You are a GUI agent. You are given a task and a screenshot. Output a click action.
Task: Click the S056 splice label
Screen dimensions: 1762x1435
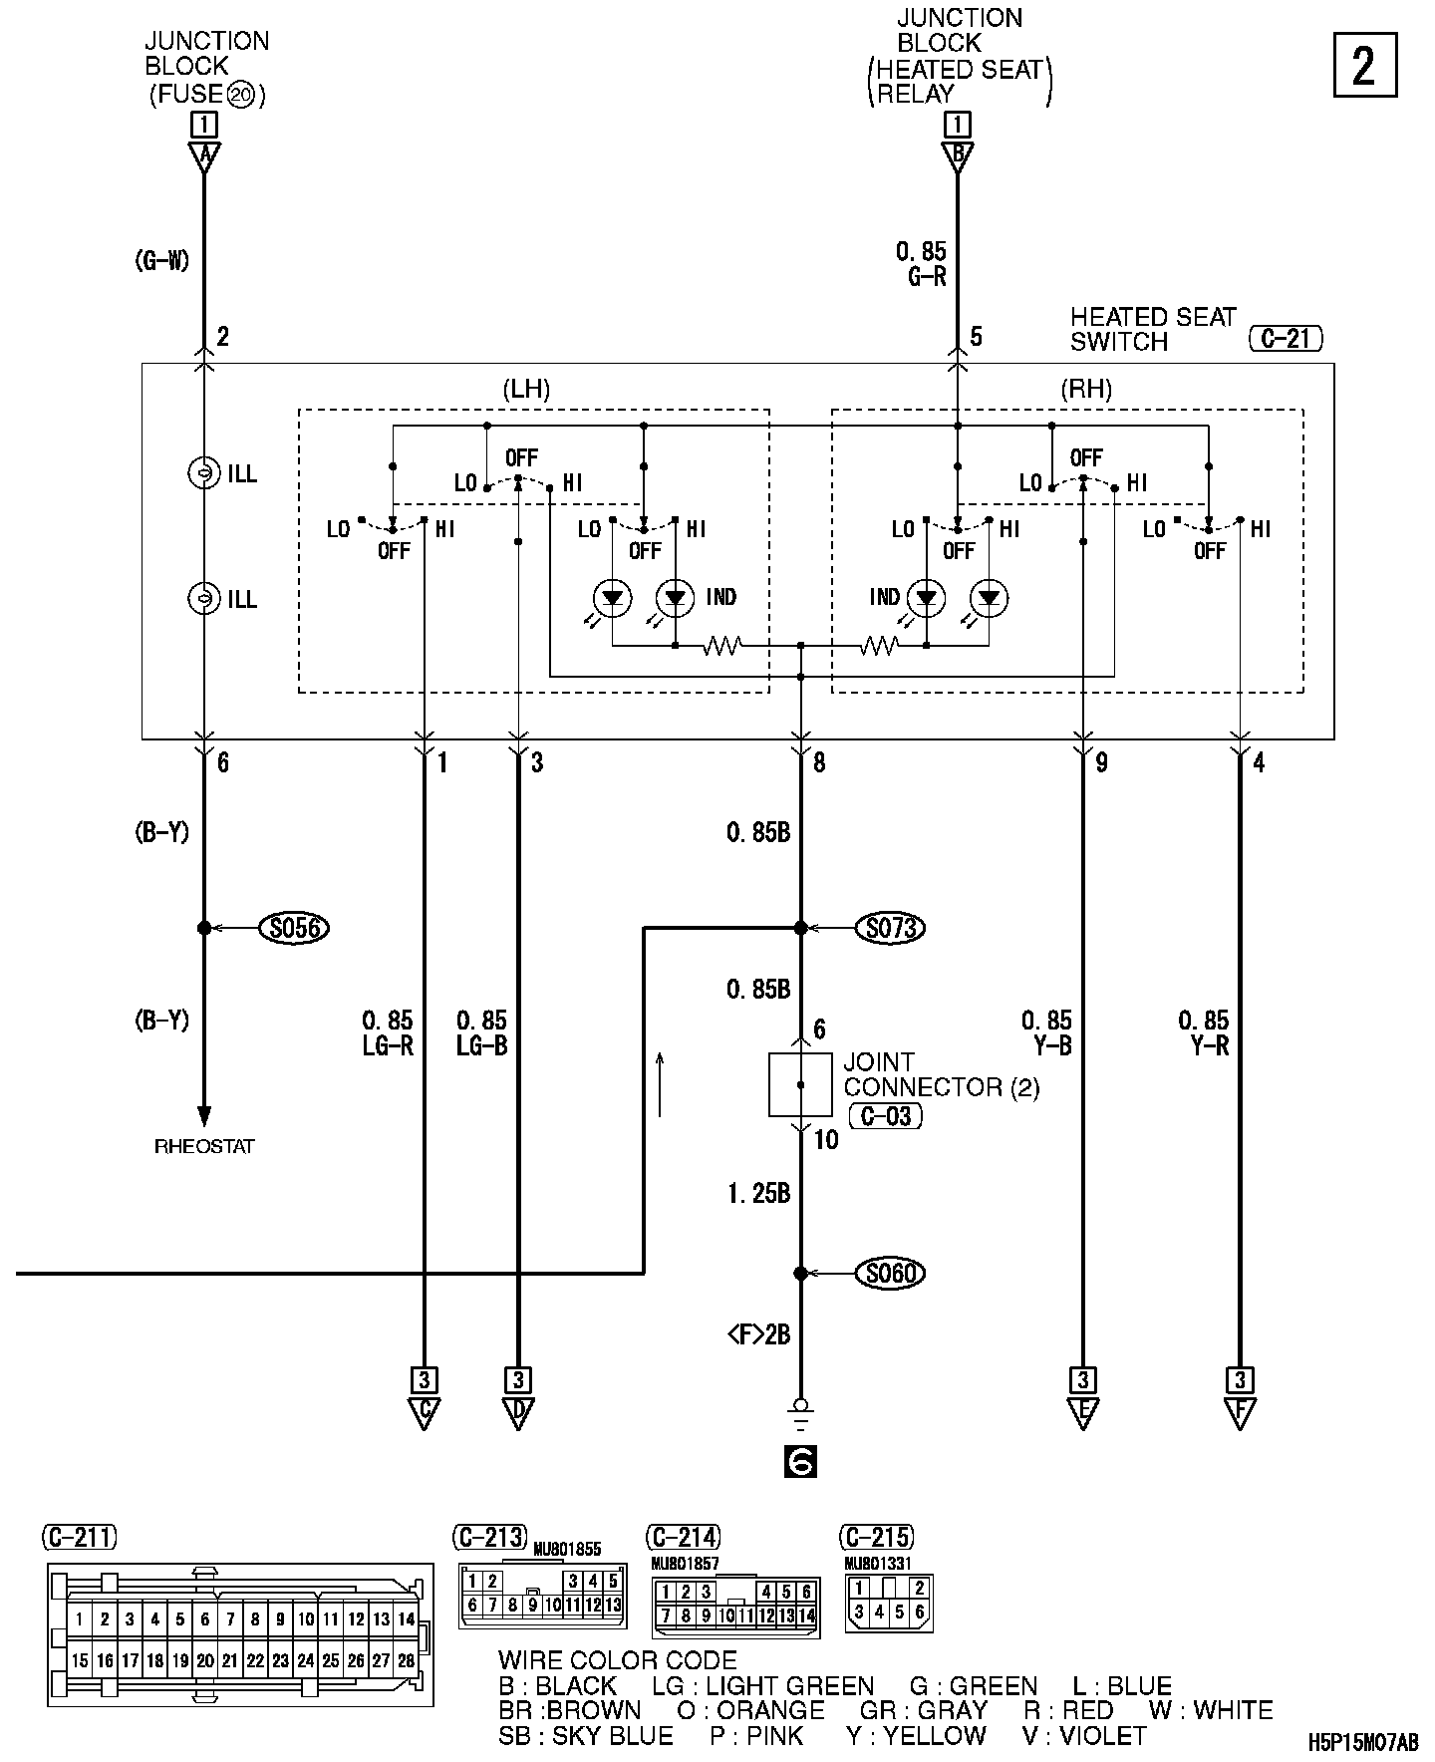click(294, 928)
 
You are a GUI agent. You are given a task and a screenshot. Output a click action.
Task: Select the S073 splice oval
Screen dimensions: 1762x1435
click(890, 928)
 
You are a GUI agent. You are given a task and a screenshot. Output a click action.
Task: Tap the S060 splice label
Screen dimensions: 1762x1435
click(890, 1273)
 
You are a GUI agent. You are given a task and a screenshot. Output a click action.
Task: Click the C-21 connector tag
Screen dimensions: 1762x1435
click(1285, 339)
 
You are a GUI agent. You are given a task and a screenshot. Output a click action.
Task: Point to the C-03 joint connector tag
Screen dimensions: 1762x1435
click(885, 1115)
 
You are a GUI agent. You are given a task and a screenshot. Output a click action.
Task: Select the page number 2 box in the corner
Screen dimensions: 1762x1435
click(1365, 66)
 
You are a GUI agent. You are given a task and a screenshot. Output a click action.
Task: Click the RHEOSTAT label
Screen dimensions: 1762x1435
click(204, 1146)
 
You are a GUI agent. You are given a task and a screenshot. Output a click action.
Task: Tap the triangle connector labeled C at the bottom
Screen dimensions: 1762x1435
click(425, 1413)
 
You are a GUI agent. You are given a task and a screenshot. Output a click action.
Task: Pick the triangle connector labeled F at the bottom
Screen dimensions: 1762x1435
click(1241, 1413)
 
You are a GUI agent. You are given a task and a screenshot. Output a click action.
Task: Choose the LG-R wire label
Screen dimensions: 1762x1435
click(388, 1045)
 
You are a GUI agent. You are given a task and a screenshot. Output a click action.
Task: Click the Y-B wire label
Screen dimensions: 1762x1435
click(1046, 1045)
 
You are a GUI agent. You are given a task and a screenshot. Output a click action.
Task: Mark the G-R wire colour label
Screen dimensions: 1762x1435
click(926, 277)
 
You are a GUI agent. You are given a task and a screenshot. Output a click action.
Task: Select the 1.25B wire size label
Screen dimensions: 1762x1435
click(758, 1193)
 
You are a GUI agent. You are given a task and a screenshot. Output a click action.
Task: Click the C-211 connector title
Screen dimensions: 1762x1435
click(80, 1537)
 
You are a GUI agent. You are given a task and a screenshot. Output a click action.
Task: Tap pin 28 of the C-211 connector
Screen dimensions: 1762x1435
click(406, 1661)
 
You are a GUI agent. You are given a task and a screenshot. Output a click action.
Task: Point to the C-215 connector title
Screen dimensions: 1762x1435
click(877, 1537)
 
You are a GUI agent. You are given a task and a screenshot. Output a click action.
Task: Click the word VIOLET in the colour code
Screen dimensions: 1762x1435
click(1097, 1735)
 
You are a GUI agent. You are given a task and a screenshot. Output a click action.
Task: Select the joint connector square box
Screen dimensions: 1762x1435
click(800, 1083)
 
